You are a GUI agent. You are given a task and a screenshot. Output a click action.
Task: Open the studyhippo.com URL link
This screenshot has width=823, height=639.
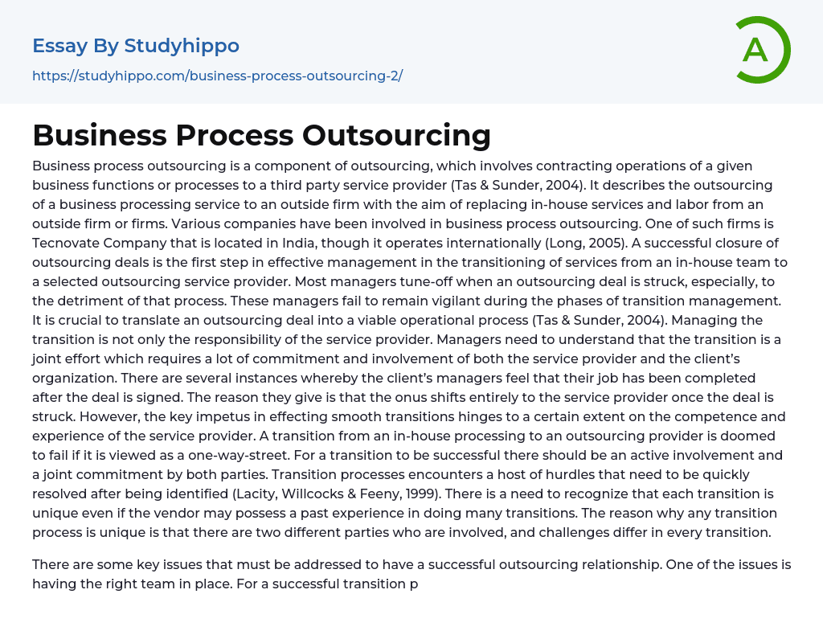[217, 76]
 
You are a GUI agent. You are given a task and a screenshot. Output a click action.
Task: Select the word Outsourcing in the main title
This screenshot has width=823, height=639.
[396, 135]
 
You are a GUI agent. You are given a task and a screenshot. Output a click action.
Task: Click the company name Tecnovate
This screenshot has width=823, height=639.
[67, 243]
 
